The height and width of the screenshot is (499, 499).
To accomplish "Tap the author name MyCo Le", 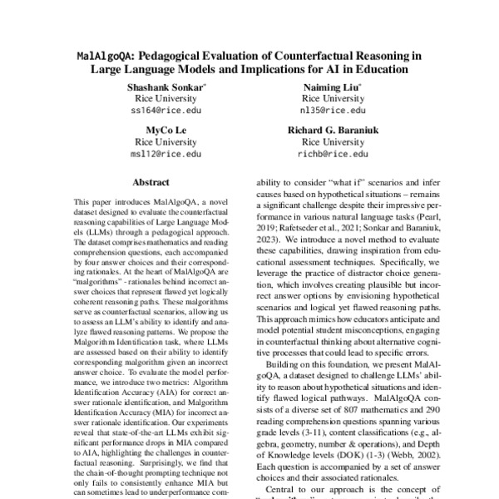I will click(x=167, y=130).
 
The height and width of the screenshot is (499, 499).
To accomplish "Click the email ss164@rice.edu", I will click(x=167, y=109).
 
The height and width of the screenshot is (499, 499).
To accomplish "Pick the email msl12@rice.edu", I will click(x=167, y=154).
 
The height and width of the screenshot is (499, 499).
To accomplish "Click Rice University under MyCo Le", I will click(x=167, y=142).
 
